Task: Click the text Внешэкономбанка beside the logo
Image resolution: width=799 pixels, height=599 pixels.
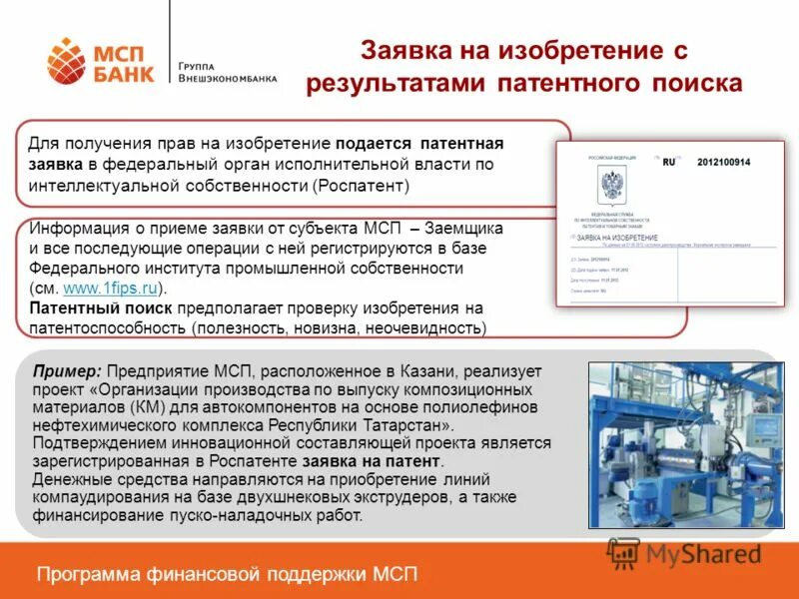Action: [228, 78]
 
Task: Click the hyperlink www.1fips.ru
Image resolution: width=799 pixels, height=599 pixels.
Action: [110, 289]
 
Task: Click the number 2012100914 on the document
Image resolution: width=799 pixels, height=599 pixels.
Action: [723, 162]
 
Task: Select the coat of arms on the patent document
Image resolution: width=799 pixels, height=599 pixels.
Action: [611, 186]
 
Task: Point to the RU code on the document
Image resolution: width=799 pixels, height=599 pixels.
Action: [669, 162]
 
